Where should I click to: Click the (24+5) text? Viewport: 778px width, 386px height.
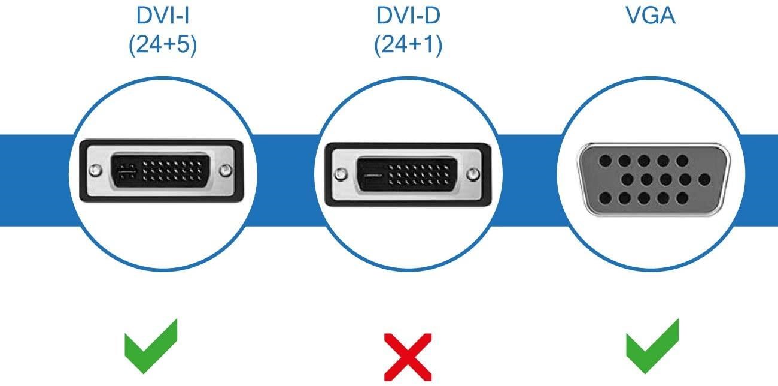click(162, 46)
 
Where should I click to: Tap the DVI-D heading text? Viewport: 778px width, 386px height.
click(408, 16)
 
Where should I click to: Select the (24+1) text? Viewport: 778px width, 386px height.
click(408, 46)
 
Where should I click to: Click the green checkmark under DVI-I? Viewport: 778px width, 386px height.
click(151, 346)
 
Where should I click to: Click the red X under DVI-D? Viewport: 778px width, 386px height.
click(408, 358)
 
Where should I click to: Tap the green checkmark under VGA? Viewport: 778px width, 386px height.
click(653, 346)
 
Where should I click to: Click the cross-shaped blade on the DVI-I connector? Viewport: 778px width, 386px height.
click(126, 172)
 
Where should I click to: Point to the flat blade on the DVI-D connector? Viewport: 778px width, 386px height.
click(373, 175)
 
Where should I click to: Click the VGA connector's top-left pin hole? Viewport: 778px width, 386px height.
click(605, 161)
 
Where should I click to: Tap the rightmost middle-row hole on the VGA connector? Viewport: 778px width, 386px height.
click(704, 179)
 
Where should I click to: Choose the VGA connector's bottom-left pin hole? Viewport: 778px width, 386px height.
click(605, 198)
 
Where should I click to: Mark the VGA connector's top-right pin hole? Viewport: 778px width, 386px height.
click(682, 161)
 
